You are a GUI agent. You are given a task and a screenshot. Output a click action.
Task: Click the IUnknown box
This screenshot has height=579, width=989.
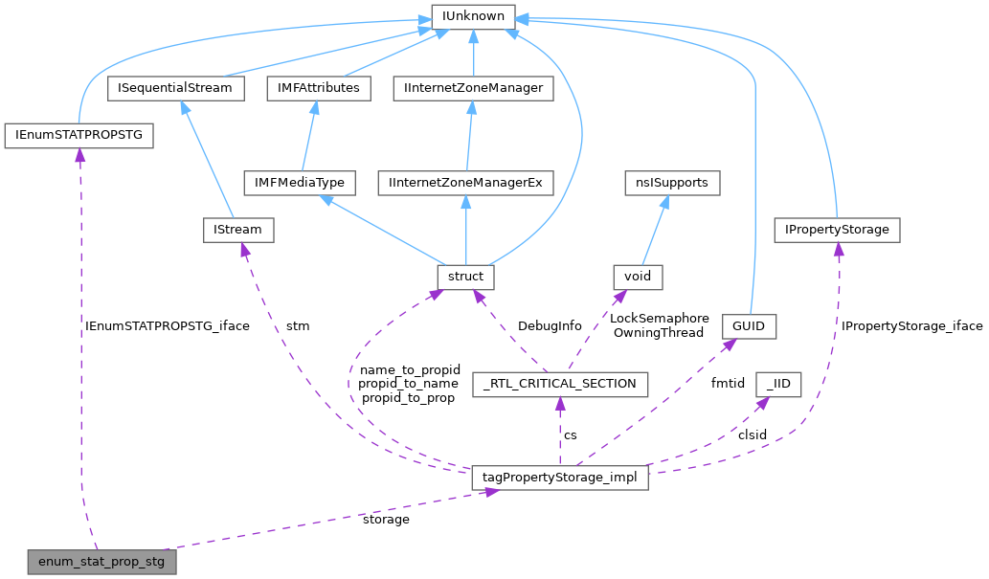(473, 16)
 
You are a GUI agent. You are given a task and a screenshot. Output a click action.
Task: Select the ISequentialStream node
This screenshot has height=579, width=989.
(175, 88)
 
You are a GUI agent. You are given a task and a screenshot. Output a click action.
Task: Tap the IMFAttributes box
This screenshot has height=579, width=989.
(320, 88)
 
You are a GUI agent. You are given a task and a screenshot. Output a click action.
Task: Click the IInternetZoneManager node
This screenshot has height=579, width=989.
(473, 88)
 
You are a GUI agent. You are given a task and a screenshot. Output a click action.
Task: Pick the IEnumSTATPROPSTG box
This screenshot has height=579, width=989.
(79, 135)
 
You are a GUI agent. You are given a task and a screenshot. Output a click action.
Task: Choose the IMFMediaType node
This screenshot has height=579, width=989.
(300, 182)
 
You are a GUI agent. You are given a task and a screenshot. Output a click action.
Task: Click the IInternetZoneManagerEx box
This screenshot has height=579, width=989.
(465, 182)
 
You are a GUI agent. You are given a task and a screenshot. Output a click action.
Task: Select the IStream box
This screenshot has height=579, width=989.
(238, 230)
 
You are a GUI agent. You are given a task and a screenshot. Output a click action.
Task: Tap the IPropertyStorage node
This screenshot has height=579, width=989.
(838, 230)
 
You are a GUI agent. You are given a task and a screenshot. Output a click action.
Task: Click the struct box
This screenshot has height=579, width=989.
(465, 278)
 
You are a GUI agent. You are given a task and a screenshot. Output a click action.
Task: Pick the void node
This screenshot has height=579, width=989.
(638, 278)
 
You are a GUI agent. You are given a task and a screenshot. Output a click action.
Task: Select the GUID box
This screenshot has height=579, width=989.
(749, 326)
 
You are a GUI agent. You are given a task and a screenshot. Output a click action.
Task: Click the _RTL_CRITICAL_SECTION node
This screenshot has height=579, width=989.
(560, 384)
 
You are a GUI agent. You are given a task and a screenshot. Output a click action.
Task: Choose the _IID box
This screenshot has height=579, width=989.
(778, 384)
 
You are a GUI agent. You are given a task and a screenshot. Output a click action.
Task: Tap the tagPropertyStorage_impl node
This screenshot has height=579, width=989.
(560, 477)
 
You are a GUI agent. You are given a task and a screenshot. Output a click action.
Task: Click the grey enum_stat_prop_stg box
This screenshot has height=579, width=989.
(101, 561)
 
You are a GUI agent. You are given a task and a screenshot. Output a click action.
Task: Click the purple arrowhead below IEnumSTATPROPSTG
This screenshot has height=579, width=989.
(79, 155)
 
